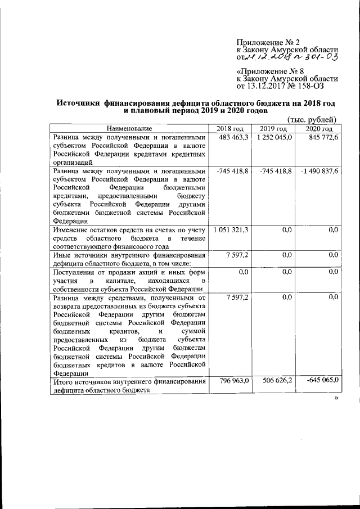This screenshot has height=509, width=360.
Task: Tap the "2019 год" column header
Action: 274,129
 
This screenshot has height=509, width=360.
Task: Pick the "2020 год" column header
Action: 318,129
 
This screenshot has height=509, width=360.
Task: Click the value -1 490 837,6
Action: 318,171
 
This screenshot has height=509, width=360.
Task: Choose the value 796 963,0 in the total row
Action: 233,381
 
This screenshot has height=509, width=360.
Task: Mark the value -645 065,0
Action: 319,381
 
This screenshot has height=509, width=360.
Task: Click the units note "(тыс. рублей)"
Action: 312,120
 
